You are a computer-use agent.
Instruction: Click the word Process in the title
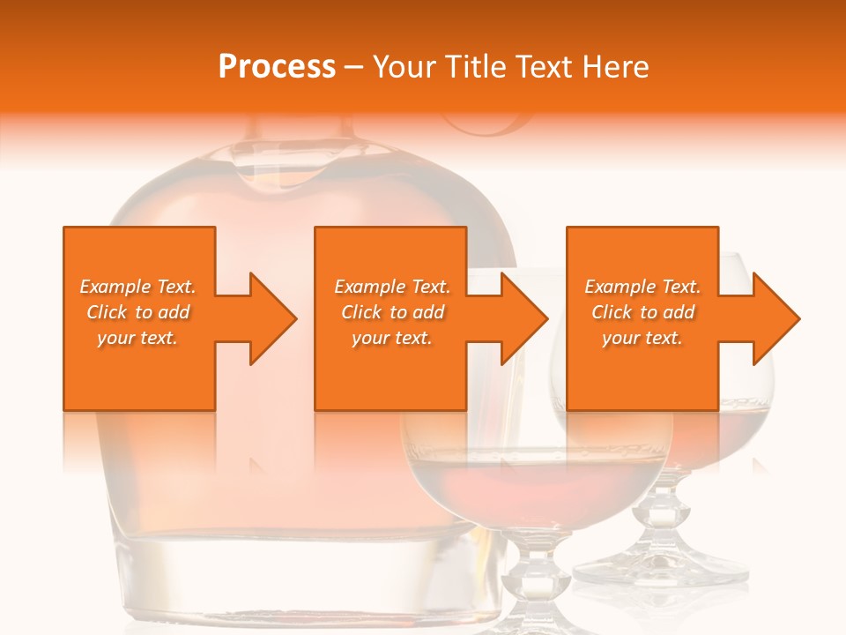click(x=277, y=67)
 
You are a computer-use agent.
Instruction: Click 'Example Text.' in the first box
click(x=137, y=287)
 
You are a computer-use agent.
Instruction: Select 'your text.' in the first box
click(x=137, y=338)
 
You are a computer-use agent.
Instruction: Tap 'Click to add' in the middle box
click(x=392, y=312)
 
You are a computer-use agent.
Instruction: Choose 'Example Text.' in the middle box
click(x=392, y=287)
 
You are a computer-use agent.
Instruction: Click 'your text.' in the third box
click(x=642, y=338)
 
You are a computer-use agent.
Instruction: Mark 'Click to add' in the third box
click(x=642, y=312)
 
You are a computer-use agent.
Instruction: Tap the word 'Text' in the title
click(x=540, y=67)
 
